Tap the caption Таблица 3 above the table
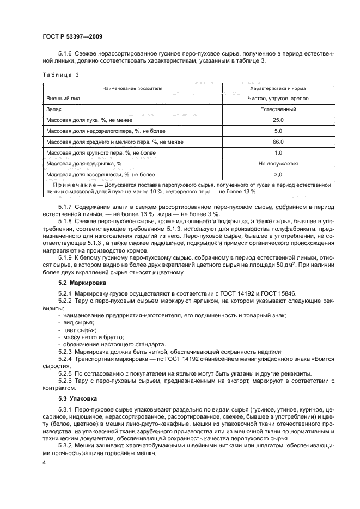tap(60, 76)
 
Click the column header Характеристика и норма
tap(278, 88)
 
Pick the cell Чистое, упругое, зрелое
tap(278, 99)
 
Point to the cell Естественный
tap(278, 109)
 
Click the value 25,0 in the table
tap(278, 120)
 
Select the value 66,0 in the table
tap(278, 142)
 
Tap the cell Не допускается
tap(278, 164)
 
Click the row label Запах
tap(56, 109)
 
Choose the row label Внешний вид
tap(63, 99)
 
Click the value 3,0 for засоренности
tap(278, 175)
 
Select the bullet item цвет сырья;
tap(78, 330)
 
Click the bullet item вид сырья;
tap(77, 322)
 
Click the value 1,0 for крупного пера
tap(278, 153)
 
